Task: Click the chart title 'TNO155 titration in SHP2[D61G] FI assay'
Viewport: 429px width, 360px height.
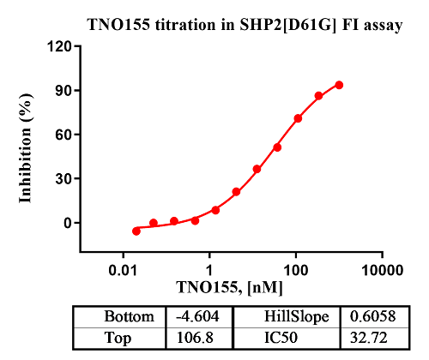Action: pyautogui.click(x=245, y=24)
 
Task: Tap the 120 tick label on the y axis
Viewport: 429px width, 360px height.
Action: pyautogui.click(x=57, y=46)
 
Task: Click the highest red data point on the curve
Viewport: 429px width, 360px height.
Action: pyautogui.click(x=339, y=85)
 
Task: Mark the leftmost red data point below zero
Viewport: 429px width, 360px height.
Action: pyautogui.click(x=136, y=231)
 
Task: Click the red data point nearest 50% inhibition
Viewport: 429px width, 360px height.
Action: pyautogui.click(x=277, y=147)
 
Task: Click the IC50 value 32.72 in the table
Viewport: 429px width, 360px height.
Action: pyautogui.click(x=374, y=337)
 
